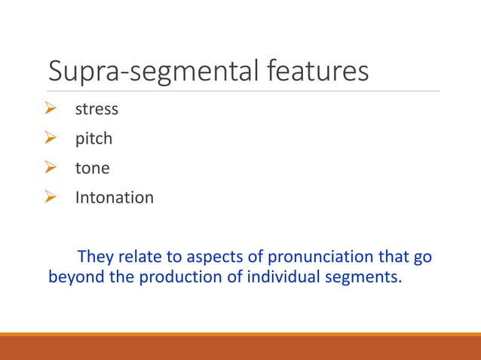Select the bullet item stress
click(97, 109)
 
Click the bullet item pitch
click(93, 139)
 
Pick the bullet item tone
click(92, 169)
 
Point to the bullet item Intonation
click(114, 198)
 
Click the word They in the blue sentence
click(96, 256)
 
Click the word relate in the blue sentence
click(139, 256)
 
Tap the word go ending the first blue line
click(422, 258)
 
